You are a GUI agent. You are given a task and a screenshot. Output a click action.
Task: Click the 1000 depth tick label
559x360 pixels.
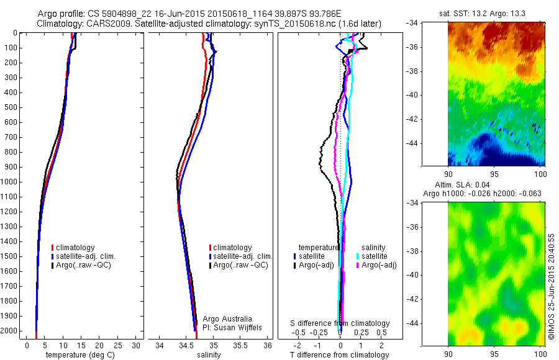click(x=11, y=182)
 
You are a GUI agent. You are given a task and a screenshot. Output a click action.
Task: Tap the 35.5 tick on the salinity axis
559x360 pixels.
click(x=240, y=345)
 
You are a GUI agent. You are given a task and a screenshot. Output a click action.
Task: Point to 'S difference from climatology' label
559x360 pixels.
click(x=340, y=323)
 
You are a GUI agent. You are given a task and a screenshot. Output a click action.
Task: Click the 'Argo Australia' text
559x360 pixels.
click(x=227, y=318)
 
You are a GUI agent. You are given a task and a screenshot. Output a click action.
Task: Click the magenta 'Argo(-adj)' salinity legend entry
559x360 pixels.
click(x=379, y=265)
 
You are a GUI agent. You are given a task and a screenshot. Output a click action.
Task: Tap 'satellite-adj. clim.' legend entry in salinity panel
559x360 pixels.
click(x=242, y=256)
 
